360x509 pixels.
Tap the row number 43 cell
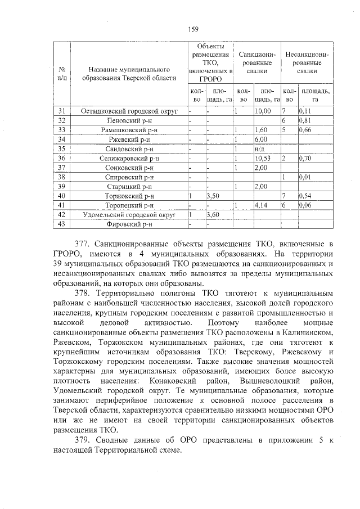tap(62, 224)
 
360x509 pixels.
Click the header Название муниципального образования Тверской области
tap(129, 74)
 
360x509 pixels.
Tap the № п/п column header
tap(62, 74)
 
